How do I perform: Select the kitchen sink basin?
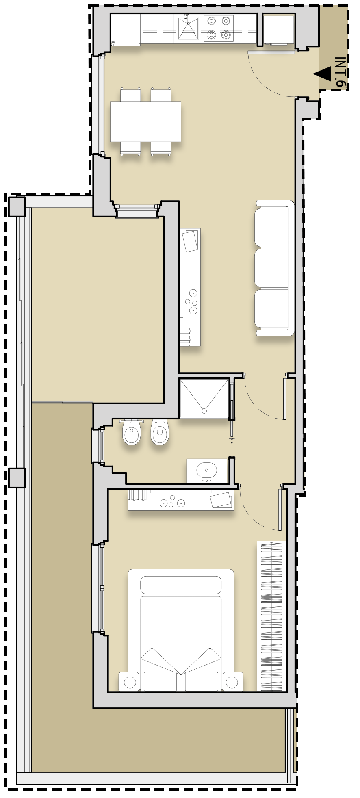pos(188,28)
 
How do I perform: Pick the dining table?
pos(145,121)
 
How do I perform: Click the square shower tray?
pos(204,398)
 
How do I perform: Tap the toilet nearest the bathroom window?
pos(132,432)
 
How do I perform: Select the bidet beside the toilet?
pos(160,432)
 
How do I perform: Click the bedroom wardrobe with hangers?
pos(271,616)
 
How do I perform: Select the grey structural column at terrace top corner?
pos(17,206)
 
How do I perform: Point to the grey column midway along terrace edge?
pos(17,477)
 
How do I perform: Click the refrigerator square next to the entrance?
pos(278,29)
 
